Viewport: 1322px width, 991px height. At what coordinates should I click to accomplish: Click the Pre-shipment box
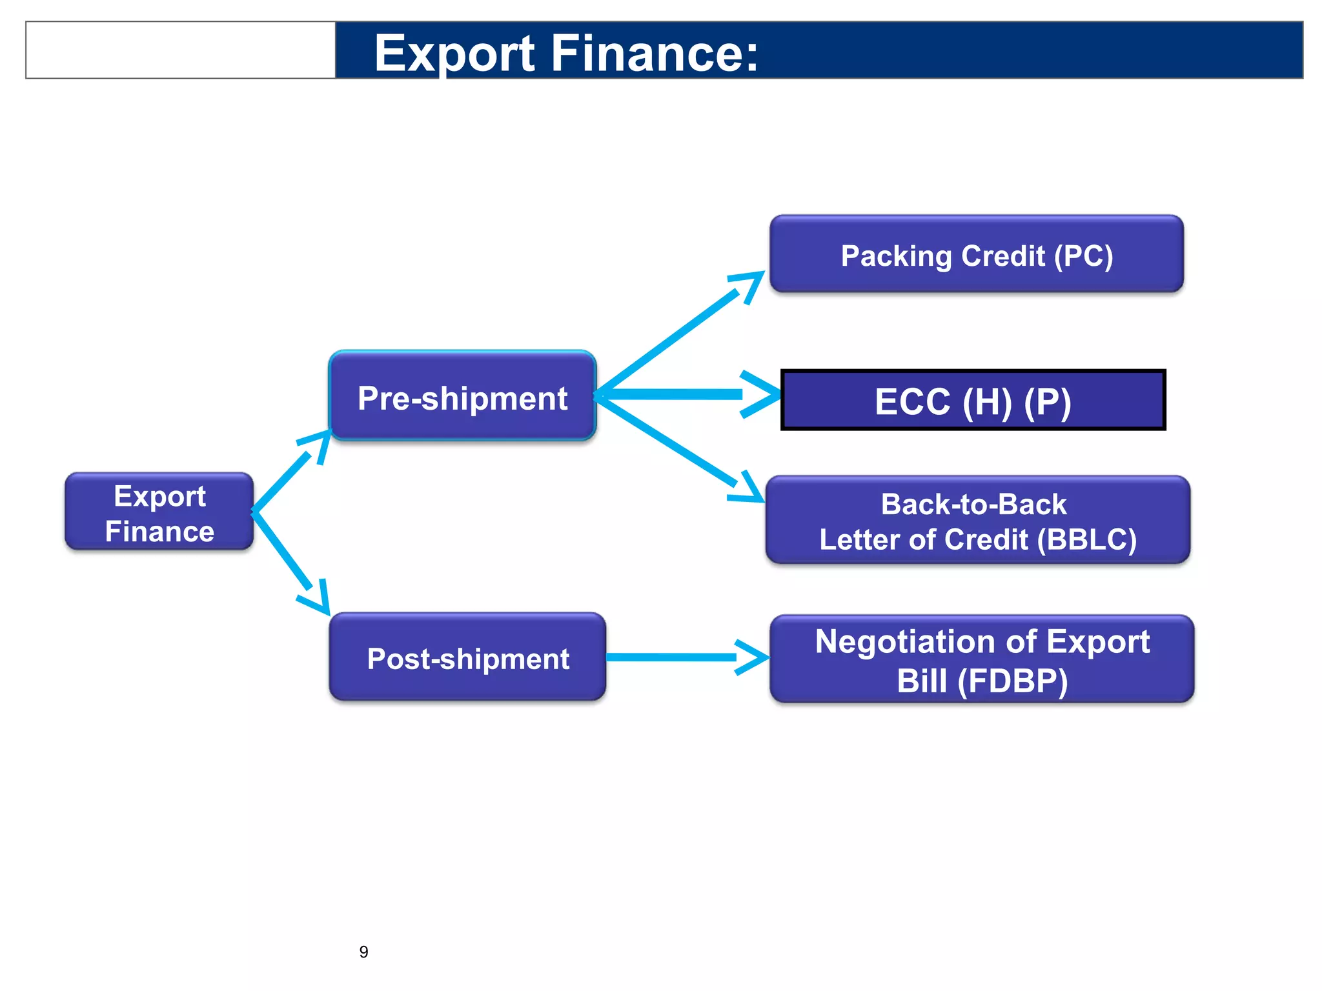(x=462, y=397)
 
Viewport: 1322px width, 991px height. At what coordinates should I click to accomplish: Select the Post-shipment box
(x=467, y=657)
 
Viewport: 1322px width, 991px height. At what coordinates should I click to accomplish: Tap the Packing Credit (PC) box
(x=976, y=255)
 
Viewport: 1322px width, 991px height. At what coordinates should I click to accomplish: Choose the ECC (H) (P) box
(x=973, y=400)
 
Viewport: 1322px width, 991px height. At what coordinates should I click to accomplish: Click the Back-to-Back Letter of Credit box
(x=977, y=521)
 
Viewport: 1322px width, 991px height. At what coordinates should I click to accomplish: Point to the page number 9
(x=363, y=952)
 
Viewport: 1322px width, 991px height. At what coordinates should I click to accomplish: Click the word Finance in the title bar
(x=655, y=53)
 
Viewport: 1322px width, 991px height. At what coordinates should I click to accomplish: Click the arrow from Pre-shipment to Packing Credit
(x=671, y=339)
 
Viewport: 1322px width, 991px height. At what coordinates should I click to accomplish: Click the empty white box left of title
(x=181, y=50)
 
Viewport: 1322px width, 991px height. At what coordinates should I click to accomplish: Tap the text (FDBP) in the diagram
(x=1013, y=681)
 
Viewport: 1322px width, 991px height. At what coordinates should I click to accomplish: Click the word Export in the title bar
(x=454, y=53)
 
